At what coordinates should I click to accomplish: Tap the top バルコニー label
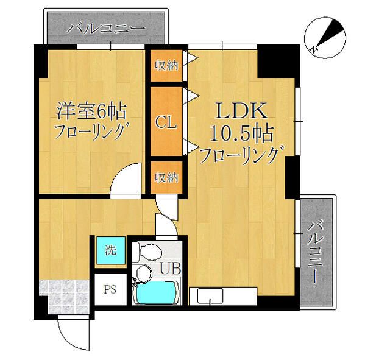coord(107,28)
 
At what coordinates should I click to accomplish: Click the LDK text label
coord(239,110)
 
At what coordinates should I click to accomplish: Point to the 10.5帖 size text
coord(241,132)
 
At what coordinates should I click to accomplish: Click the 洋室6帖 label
coord(91,111)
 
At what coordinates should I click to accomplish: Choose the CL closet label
coord(166,121)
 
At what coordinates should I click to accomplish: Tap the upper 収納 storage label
coord(166,65)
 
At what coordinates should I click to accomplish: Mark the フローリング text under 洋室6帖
coord(91,131)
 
